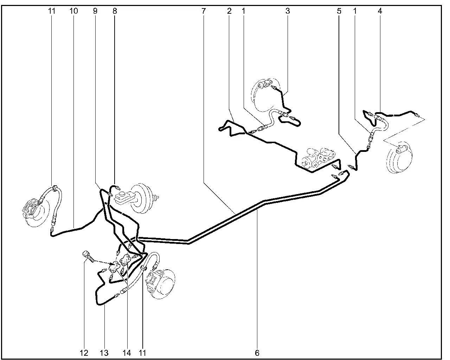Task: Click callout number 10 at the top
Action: (73, 11)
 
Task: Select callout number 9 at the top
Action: (95, 11)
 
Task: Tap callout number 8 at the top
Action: (115, 11)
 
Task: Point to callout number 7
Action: (204, 11)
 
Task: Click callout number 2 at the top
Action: (229, 11)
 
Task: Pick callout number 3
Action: (288, 11)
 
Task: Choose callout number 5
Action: (339, 11)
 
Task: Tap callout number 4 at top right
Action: (380, 11)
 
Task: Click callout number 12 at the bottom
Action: (84, 353)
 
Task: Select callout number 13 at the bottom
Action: (104, 353)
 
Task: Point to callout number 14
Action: (127, 353)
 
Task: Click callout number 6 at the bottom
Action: (257, 353)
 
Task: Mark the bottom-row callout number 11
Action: (142, 353)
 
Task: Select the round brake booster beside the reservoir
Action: (141, 198)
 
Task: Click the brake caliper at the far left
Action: (30, 207)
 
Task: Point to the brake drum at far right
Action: (399, 157)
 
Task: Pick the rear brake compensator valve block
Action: (318, 158)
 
